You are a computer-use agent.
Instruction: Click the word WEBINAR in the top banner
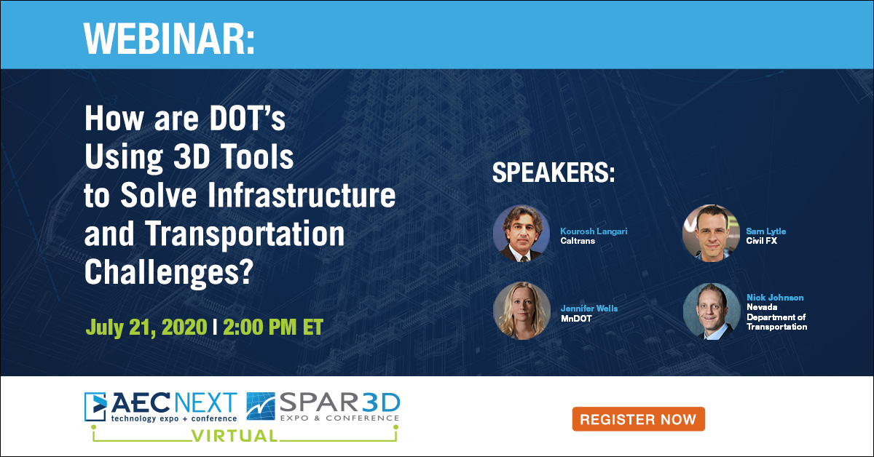169,36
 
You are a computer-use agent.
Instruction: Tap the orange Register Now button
638,419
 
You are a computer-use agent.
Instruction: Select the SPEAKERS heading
554,175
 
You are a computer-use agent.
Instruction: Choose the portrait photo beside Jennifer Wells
521,311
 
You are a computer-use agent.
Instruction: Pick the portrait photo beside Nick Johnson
711,311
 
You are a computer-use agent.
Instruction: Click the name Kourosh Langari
594,231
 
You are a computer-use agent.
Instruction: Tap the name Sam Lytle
765,231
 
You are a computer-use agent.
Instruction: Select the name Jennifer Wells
588,309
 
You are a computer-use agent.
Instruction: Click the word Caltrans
578,240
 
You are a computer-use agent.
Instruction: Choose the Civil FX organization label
761,240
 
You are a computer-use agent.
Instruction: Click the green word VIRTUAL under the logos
234,436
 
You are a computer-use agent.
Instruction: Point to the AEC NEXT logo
161,407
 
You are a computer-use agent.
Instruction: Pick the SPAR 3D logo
323,407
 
